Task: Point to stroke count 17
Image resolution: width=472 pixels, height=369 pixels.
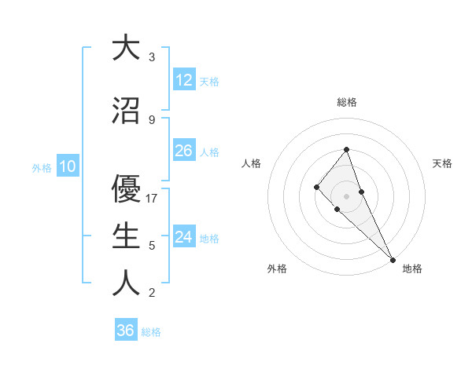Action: click(153, 199)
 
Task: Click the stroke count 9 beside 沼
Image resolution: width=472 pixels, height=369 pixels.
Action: click(152, 119)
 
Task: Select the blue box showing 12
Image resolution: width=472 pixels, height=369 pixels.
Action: click(184, 79)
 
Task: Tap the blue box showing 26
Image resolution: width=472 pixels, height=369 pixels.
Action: click(184, 151)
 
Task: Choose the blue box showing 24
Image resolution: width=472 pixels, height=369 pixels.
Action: click(184, 237)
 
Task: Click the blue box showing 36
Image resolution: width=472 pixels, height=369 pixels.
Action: click(125, 331)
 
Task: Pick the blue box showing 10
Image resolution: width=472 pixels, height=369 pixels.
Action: click(67, 166)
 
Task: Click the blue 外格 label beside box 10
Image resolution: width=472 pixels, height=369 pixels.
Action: click(42, 167)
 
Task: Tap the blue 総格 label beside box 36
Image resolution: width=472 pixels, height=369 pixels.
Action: click(151, 332)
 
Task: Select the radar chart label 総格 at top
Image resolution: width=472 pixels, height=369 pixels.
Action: click(346, 102)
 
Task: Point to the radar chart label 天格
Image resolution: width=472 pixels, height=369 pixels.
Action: click(442, 163)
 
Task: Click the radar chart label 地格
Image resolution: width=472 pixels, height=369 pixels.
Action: click(412, 269)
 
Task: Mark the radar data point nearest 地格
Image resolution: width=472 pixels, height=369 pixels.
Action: click(392, 258)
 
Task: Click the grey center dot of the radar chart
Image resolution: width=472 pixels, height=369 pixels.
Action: click(346, 195)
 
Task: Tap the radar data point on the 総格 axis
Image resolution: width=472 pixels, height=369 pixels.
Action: click(346, 149)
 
